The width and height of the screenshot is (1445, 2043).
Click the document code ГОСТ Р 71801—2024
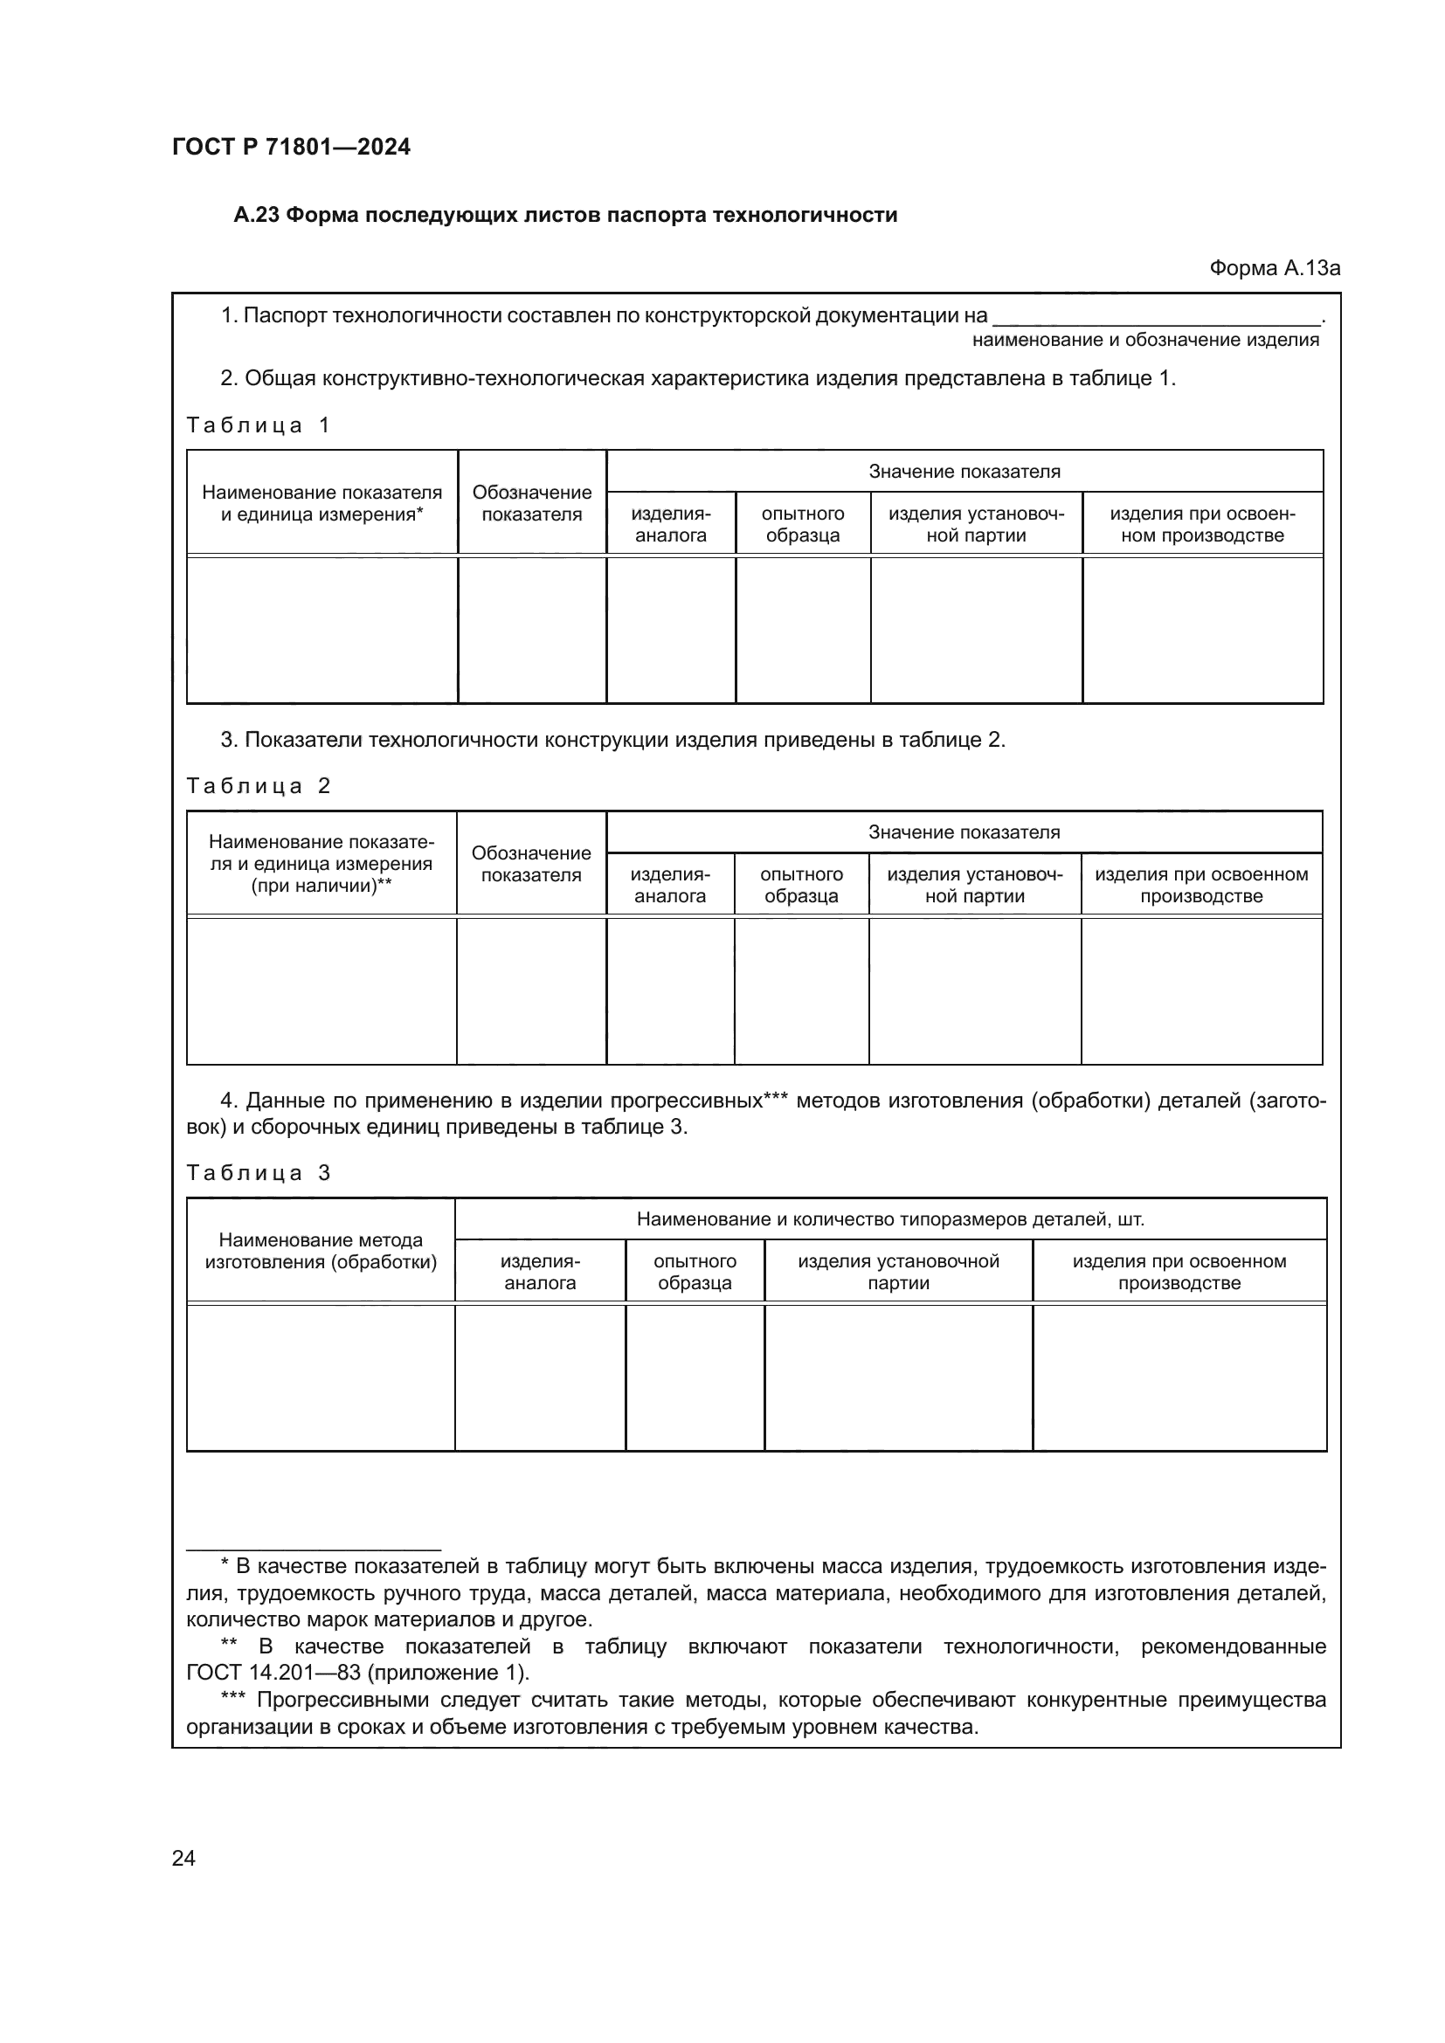291,147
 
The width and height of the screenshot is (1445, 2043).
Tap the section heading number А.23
256,216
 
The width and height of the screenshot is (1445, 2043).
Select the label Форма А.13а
1274,268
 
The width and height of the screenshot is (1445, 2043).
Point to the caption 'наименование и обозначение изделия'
1145,340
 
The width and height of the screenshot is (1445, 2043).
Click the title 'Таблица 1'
258,425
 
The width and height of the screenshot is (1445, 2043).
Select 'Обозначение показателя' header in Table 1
531,504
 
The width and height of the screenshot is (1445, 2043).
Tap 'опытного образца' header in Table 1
803,524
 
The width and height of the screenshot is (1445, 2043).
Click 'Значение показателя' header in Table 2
964,832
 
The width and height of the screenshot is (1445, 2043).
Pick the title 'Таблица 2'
258,786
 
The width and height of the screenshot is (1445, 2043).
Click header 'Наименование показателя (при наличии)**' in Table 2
321,863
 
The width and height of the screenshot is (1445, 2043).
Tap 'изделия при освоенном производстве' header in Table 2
1200,885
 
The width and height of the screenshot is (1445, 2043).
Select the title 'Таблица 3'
258,1173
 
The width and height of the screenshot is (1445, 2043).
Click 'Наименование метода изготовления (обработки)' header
321,1251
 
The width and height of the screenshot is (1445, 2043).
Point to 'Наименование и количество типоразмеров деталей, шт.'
889,1219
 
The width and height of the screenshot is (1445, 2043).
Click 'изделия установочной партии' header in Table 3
898,1272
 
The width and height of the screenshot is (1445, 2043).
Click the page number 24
183,1858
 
